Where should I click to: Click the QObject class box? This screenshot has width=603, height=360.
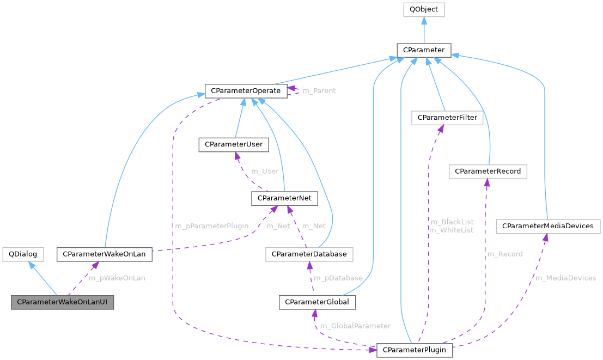pyautogui.click(x=424, y=10)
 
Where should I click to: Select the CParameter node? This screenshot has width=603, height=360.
pyautogui.click(x=424, y=51)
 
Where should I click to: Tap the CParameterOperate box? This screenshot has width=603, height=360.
pyautogui.click(x=246, y=90)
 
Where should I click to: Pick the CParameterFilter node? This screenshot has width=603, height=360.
pyautogui.click(x=447, y=118)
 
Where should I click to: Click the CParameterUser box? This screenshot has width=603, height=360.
pyautogui.click(x=234, y=145)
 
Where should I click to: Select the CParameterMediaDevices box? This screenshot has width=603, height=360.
pyautogui.click(x=547, y=226)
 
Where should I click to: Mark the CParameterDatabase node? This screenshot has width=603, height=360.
pyautogui.click(x=309, y=254)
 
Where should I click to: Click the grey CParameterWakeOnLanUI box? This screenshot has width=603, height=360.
pyautogui.click(x=63, y=302)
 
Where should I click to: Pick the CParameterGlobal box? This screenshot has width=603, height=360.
pyautogui.click(x=318, y=302)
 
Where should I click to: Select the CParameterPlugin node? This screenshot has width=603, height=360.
pyautogui.click(x=415, y=350)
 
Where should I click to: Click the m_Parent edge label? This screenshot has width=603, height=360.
pyautogui.click(x=319, y=91)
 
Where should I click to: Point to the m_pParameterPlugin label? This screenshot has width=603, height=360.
pyautogui.click(x=212, y=226)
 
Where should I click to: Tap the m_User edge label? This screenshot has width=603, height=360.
pyautogui.click(x=265, y=172)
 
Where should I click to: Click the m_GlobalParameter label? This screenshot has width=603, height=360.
pyautogui.click(x=355, y=326)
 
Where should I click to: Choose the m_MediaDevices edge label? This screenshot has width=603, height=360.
pyautogui.click(x=565, y=278)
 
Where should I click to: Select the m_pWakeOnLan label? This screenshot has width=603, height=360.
pyautogui.click(x=117, y=278)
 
